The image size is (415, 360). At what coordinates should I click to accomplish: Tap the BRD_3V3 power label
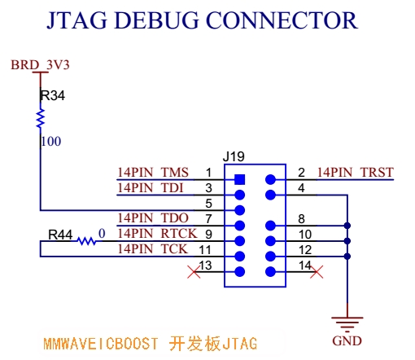(40, 65)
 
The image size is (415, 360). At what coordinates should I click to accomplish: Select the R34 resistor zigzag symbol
(40, 118)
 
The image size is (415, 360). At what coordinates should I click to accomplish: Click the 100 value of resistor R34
(51, 142)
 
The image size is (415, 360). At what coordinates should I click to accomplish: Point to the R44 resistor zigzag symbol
(86, 241)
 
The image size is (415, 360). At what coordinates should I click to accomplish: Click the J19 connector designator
(234, 156)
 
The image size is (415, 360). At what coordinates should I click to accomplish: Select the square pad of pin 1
(240, 179)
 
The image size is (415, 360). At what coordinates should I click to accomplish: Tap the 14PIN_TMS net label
(153, 173)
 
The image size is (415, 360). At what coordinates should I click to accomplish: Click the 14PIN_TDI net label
(151, 188)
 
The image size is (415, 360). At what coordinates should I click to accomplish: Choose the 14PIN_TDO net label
(153, 218)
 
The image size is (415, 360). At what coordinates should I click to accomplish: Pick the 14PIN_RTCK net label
(157, 234)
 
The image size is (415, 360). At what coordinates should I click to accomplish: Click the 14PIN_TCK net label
(153, 249)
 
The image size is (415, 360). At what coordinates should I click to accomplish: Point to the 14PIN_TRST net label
(356, 173)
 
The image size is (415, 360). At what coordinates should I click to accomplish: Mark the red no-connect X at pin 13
(194, 272)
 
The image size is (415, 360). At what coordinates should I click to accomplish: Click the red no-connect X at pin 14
(317, 272)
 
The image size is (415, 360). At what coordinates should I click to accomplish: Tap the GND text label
(347, 341)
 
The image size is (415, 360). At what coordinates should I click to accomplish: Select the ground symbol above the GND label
(347, 324)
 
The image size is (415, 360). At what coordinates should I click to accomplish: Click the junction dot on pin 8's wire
(347, 226)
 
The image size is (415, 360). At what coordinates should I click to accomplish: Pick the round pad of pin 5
(240, 210)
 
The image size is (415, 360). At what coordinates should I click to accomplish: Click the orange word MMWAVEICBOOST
(101, 344)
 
